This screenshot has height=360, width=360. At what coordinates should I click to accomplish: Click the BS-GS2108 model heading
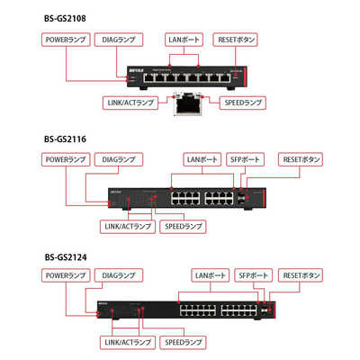click(x=65, y=19)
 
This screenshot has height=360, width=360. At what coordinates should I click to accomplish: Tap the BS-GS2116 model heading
click(x=65, y=139)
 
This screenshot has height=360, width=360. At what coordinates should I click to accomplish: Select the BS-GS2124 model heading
click(x=66, y=257)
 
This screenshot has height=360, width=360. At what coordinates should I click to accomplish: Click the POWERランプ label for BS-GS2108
click(x=66, y=40)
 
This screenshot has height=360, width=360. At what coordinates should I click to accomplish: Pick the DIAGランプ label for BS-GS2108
click(x=119, y=40)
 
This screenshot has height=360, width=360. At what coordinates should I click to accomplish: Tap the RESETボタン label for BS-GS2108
click(x=236, y=40)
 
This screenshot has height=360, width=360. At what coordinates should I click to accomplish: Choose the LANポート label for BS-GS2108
click(x=184, y=40)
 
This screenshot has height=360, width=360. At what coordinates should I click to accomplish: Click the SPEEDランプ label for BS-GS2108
click(x=243, y=103)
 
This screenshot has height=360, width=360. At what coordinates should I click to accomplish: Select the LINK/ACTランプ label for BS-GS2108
click(x=130, y=103)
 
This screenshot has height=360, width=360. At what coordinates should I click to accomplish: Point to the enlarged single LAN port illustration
click(x=188, y=103)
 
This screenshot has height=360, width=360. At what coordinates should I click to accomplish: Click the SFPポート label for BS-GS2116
click(x=245, y=159)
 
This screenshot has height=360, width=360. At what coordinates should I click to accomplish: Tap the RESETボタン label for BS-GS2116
click(x=301, y=159)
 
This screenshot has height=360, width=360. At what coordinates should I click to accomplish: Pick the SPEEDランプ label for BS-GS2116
click(x=183, y=227)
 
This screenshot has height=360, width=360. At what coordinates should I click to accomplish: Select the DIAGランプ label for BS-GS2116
click(x=119, y=159)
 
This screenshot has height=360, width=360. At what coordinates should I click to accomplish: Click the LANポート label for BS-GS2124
click(x=211, y=275)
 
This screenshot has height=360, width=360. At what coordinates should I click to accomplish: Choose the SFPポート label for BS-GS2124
click(x=253, y=275)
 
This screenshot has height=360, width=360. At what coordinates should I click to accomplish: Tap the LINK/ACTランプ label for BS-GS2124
click(x=128, y=342)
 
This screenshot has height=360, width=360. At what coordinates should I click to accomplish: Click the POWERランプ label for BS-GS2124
click(x=66, y=275)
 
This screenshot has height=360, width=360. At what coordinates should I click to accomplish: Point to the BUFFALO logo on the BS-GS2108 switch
click(x=136, y=70)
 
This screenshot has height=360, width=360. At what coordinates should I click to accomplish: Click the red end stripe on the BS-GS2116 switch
click(x=264, y=197)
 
